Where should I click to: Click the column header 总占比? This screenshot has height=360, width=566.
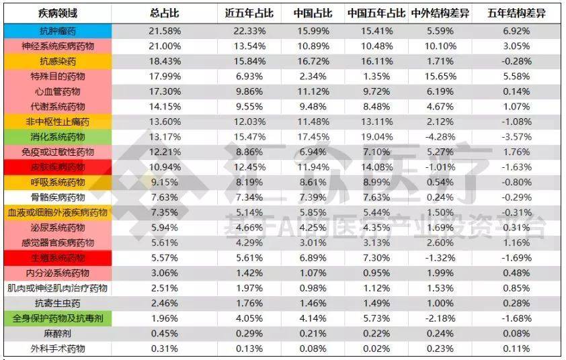[x=164, y=13]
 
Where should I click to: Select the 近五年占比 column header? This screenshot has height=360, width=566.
[x=245, y=13]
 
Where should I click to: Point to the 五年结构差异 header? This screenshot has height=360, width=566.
[x=517, y=13]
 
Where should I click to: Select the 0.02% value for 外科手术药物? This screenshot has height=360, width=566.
[x=376, y=349]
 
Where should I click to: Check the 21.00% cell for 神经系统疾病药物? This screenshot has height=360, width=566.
[x=164, y=46]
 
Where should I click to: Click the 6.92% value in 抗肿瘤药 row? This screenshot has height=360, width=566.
[x=517, y=31]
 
